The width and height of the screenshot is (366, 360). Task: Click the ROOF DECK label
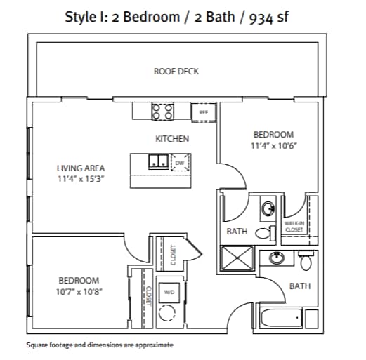tap(176, 71)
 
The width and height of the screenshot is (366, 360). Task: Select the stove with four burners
tap(164, 112)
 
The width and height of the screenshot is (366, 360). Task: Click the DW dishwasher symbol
tap(179, 162)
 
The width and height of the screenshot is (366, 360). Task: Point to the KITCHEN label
tap(172, 139)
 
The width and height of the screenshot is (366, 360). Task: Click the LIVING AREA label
tap(81, 168)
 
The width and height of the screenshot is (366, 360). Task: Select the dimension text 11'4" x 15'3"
tap(81, 178)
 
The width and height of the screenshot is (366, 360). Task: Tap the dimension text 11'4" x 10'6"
tap(273, 145)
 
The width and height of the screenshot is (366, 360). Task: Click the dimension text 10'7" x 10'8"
tap(78, 291)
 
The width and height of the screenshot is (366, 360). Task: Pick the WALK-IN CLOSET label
tap(294, 226)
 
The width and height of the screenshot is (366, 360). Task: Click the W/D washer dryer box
tap(169, 291)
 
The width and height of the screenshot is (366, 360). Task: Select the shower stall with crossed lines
tap(238, 258)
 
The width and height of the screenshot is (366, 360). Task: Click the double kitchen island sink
tap(158, 161)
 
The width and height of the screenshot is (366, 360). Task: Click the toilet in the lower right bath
tap(305, 262)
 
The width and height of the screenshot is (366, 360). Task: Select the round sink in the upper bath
tap(268, 208)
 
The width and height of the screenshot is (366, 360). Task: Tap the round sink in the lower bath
tap(277, 258)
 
